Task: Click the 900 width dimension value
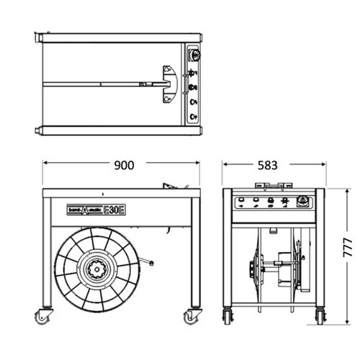coord(124,165)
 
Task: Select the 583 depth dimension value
coord(268,165)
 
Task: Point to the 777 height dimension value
coord(347,248)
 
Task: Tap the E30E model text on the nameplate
coord(114,210)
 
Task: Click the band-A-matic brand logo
coord(85,210)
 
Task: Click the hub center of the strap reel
coord(96,269)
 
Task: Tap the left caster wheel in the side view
coord(228,317)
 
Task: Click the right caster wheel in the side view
coord(320,317)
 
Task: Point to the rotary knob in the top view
coord(194,55)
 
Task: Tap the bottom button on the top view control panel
coord(193,117)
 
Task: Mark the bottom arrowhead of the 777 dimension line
coord(347,322)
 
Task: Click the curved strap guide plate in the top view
coord(170,84)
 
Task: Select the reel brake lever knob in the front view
coord(151,264)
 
